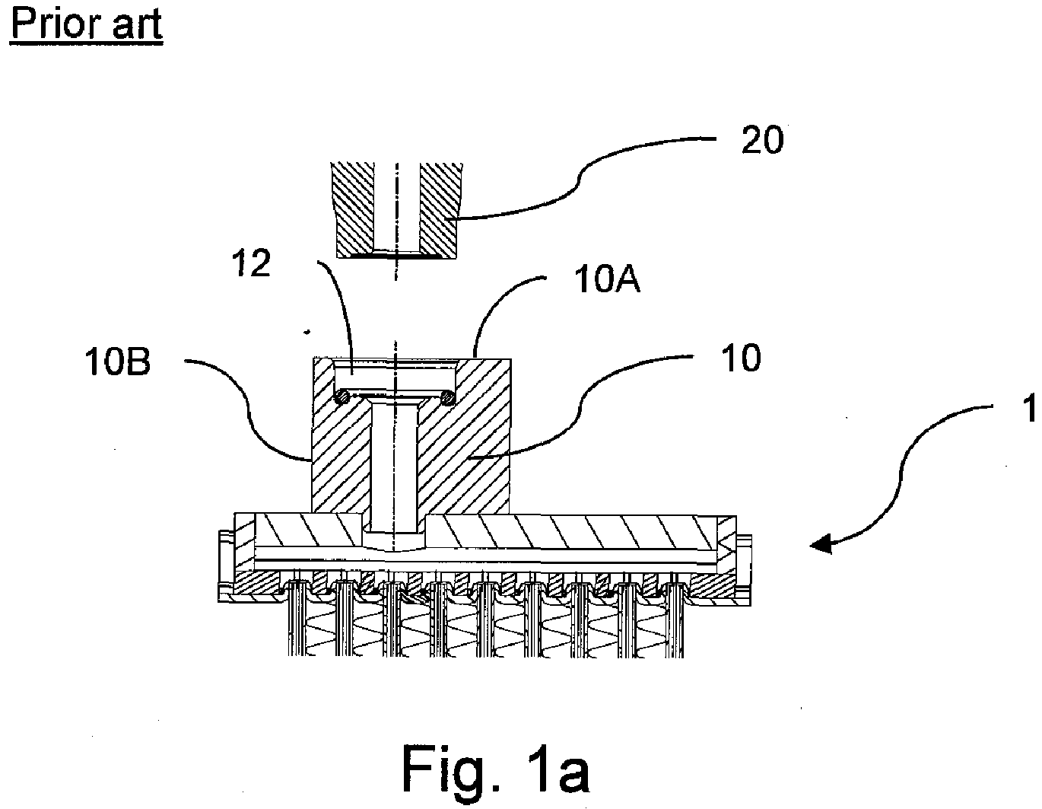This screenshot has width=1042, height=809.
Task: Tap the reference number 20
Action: point(762,140)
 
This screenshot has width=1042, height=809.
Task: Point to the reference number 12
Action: point(251,263)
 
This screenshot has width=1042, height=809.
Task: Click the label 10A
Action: point(607,280)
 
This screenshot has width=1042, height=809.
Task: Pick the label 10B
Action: point(118,362)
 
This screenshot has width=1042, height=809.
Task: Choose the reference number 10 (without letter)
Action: point(741,358)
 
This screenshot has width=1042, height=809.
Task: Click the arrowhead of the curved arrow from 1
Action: point(821,544)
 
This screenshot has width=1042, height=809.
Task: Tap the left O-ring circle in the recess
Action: point(342,397)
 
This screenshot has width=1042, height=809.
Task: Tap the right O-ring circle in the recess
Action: point(448,397)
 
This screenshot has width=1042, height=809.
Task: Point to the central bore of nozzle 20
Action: point(397,207)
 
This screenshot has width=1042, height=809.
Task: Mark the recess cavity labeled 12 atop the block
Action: point(396,377)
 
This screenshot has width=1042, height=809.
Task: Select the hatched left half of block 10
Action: point(341,456)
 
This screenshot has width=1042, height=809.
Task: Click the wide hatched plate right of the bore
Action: point(570,532)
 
